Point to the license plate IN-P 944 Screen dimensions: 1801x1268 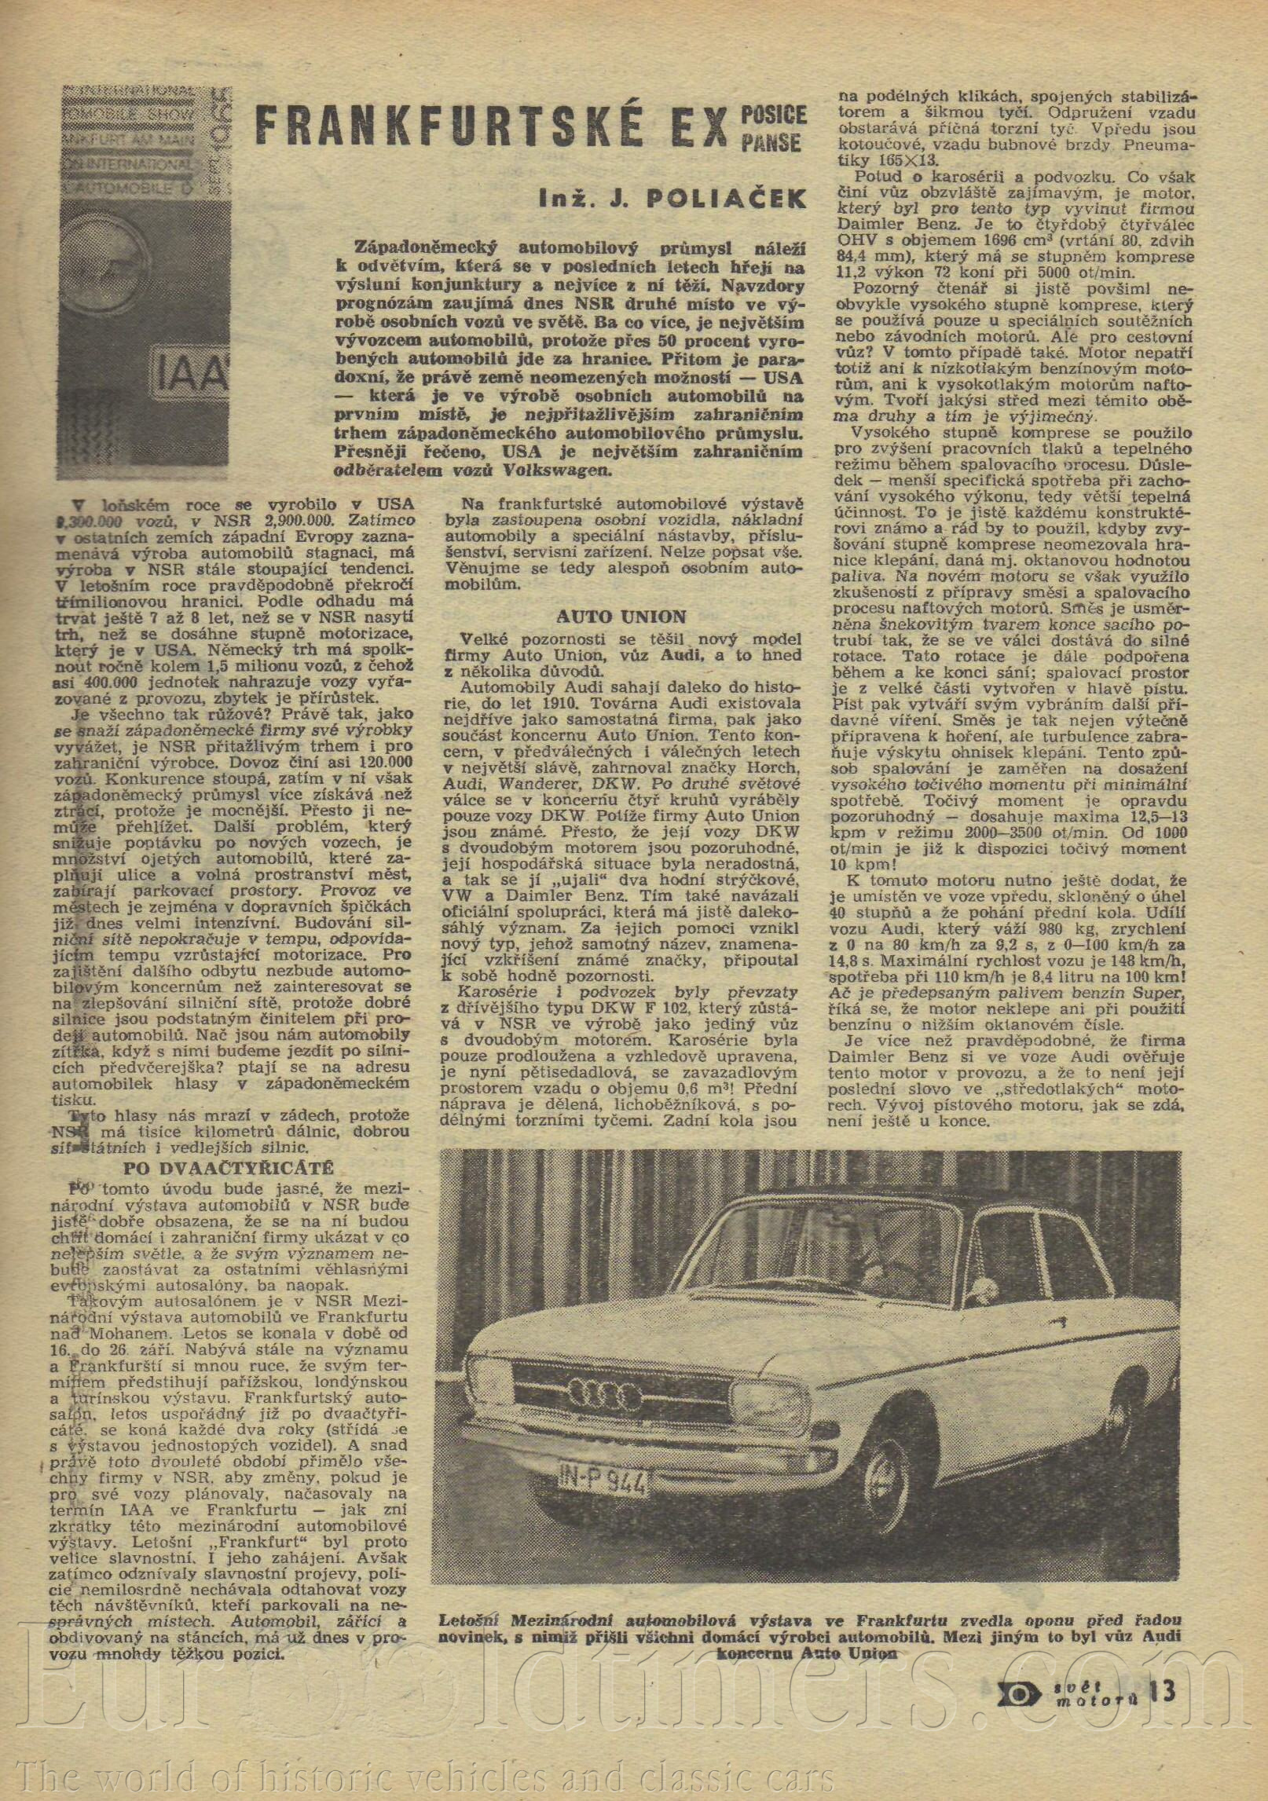point(604,1484)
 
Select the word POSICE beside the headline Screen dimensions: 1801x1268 point(773,115)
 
